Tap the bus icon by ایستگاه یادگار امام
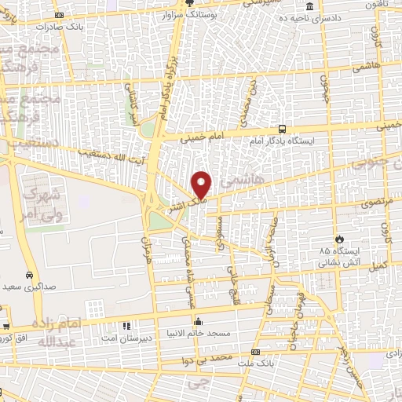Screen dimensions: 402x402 click(x=281, y=130)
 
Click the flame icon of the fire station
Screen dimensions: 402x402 click(x=339, y=239)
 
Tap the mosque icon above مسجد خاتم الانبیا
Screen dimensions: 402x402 click(x=199, y=321)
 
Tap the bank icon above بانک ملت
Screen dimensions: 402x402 click(x=254, y=352)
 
